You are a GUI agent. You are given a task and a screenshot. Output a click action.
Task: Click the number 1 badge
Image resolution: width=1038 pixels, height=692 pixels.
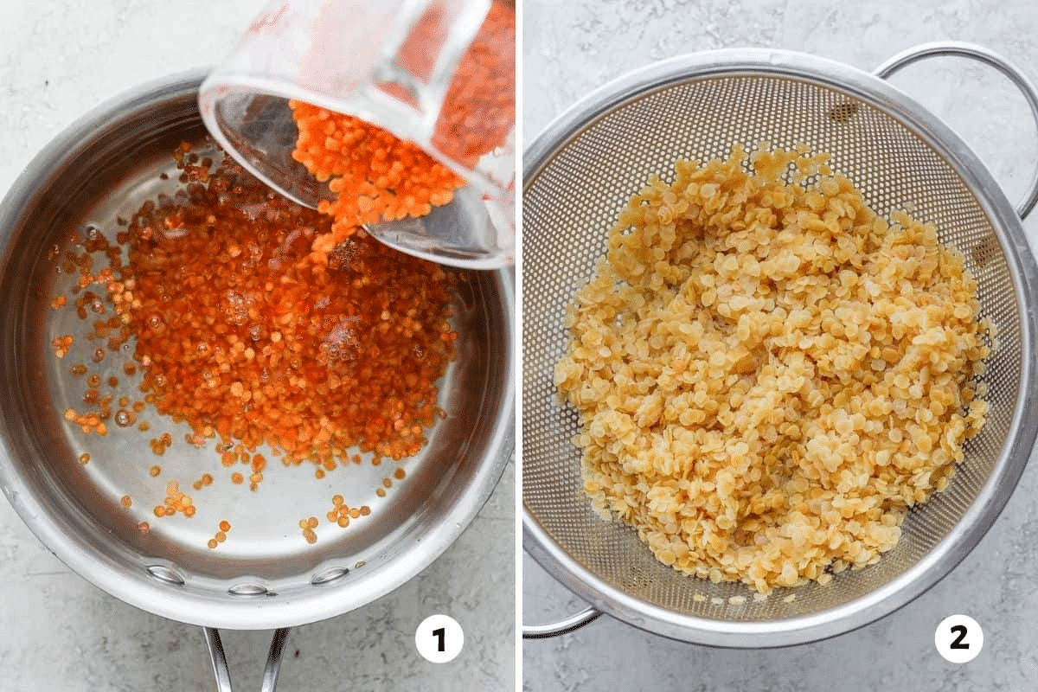(439, 639)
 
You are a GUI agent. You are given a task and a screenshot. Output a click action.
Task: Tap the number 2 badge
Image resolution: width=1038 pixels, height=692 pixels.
(959, 639)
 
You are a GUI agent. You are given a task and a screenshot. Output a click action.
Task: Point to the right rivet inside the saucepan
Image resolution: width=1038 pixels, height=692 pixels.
(330, 574)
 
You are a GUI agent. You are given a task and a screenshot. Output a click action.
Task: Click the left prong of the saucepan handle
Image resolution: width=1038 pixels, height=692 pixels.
(216, 661)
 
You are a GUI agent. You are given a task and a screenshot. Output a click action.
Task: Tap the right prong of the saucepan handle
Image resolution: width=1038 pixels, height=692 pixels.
(274, 661)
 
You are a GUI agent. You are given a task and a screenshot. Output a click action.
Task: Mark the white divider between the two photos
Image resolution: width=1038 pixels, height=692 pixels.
(519, 346)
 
